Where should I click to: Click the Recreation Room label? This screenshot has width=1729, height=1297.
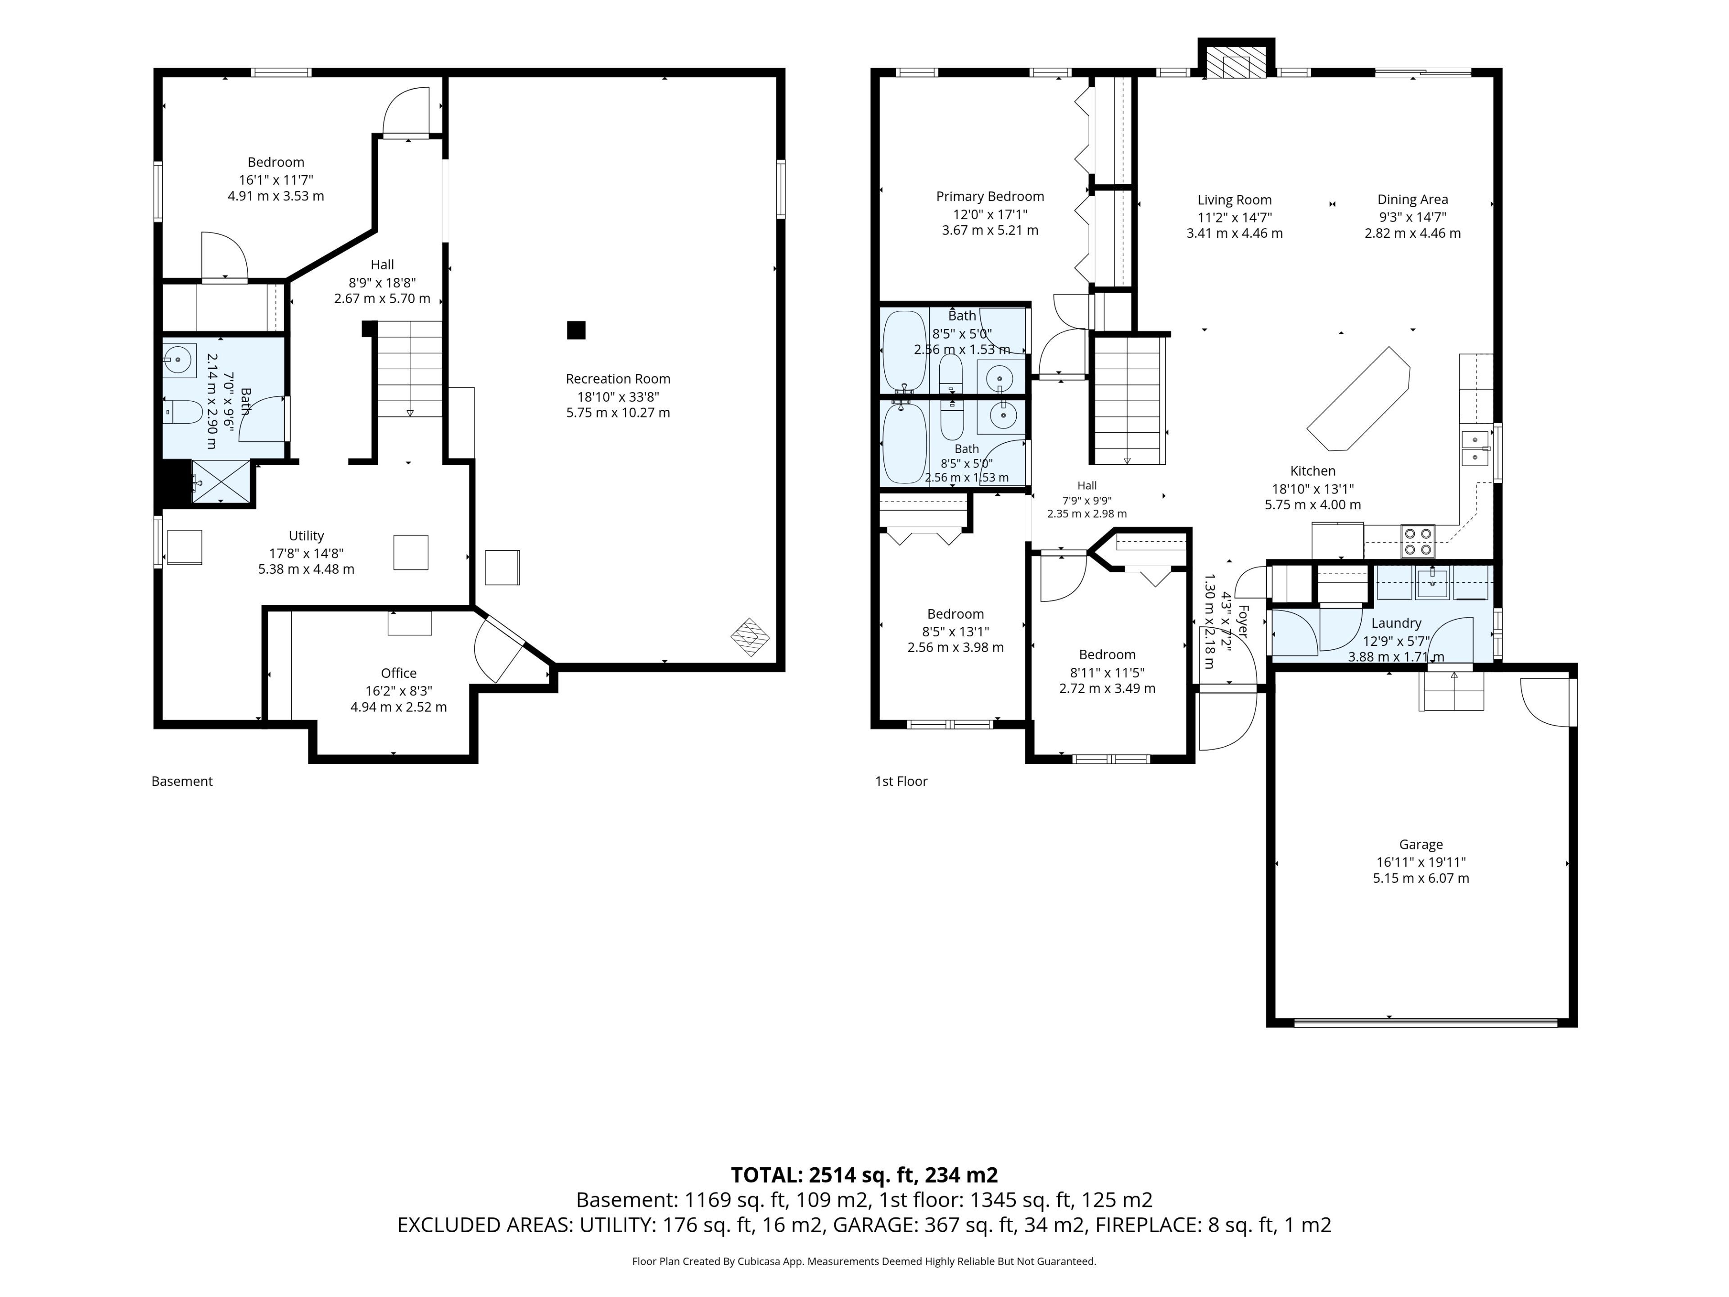[617, 379]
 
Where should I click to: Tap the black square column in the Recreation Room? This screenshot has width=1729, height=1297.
[576, 330]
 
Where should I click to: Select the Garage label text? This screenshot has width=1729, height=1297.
[1420, 844]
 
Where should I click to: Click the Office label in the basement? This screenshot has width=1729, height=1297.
[398, 673]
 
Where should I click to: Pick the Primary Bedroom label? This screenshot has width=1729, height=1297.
[990, 196]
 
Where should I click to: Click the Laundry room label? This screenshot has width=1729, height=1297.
[1396, 623]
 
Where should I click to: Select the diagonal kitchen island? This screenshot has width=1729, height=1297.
[1359, 399]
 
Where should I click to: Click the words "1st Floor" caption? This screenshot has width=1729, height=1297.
[901, 781]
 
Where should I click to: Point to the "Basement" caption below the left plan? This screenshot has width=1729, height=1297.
[182, 781]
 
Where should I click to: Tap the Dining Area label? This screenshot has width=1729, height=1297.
[1412, 200]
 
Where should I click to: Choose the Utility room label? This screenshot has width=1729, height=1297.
[307, 535]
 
